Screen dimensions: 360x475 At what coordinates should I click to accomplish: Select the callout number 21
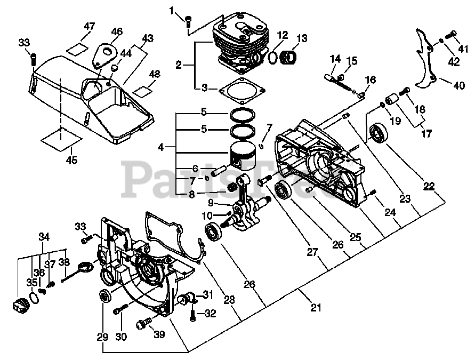pos(316,308)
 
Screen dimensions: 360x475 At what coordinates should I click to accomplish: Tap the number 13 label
pos(302,38)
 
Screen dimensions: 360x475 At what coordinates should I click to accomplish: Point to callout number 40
pos(458,85)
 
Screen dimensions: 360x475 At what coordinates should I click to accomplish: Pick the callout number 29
pos(102,337)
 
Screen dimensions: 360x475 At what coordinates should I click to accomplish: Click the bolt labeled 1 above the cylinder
pos(187,21)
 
